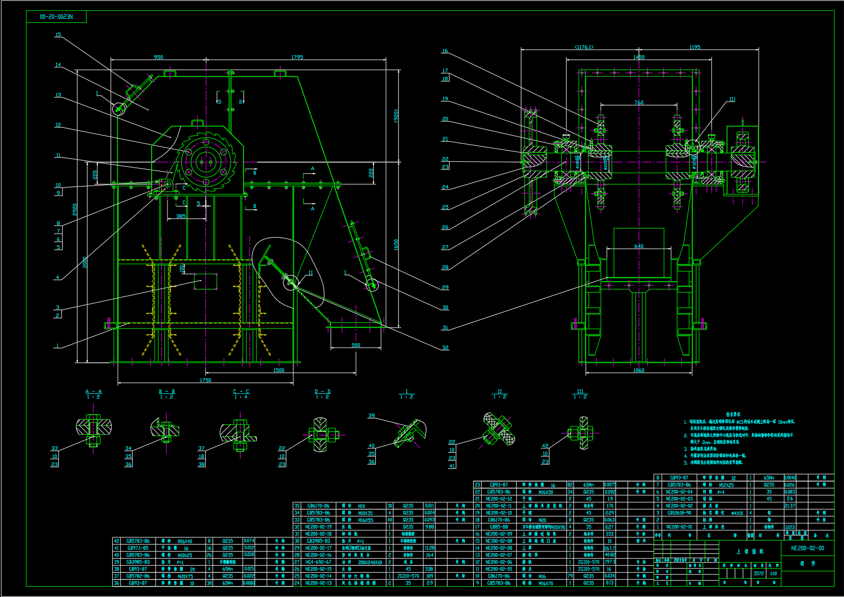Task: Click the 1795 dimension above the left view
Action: tap(297, 57)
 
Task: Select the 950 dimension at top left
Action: tap(158, 57)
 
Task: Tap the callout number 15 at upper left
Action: tap(58, 35)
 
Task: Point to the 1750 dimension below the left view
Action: tap(205, 380)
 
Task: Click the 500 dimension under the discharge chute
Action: tap(356, 345)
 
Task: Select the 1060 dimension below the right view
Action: tap(639, 370)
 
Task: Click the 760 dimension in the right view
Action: tap(639, 102)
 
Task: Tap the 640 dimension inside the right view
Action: tap(639, 246)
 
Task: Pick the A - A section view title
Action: tap(93, 392)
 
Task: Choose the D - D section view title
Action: tap(322, 392)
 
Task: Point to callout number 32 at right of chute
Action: tap(445, 348)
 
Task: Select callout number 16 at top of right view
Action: tap(445, 51)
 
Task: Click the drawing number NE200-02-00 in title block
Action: tap(807, 548)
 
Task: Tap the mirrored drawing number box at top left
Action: tap(56, 17)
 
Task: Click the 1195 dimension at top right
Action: tap(695, 47)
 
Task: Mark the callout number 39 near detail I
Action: tap(372, 415)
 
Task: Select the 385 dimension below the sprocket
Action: tap(181, 216)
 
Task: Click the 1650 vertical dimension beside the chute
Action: tap(396, 245)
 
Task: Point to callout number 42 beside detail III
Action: tap(545, 446)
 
